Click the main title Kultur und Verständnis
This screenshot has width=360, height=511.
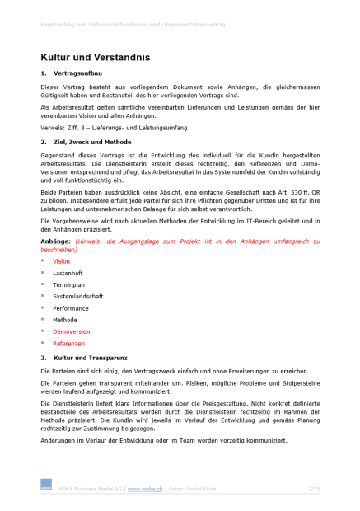point(95,57)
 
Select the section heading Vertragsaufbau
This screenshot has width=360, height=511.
point(77,74)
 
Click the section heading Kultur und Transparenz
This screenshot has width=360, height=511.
point(91,359)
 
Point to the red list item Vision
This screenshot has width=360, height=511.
point(61,261)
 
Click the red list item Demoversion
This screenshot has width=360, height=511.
point(72,331)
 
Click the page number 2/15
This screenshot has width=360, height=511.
point(313,489)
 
